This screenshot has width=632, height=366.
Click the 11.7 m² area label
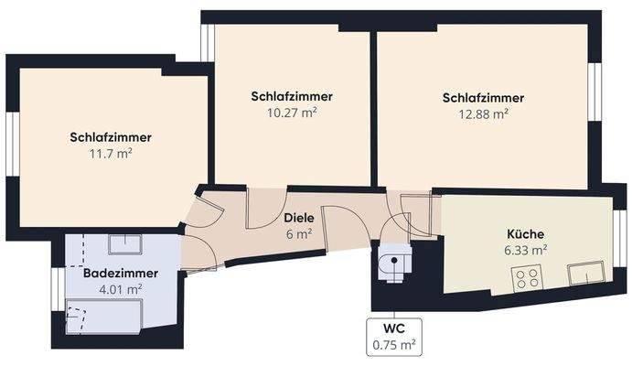111,154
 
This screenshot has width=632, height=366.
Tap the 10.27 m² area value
291,113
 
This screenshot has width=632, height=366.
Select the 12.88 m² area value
483,114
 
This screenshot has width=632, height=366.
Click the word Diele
298,220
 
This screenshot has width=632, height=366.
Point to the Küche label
526,233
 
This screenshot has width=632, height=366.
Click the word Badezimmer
121,274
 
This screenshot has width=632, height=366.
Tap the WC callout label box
394,336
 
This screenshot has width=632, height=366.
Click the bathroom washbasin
123,243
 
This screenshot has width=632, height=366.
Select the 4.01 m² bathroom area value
121,289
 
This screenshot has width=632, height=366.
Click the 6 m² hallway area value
298,234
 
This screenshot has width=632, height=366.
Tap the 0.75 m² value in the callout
394,345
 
